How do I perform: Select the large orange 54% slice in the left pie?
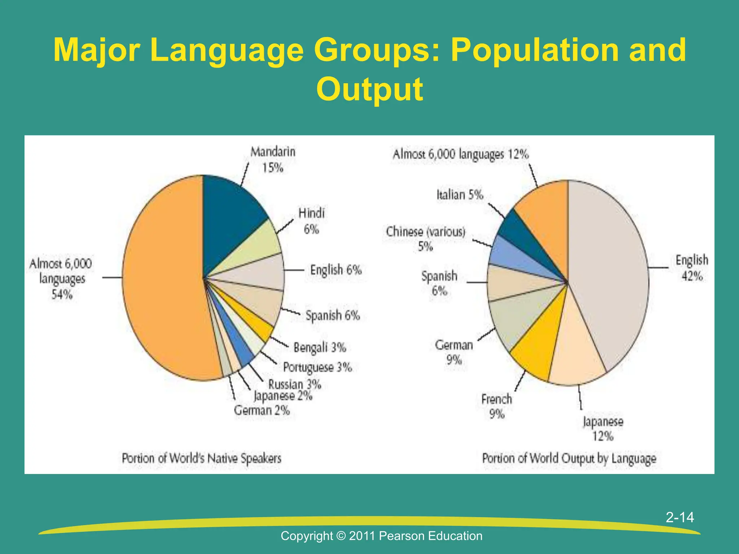tap(162, 278)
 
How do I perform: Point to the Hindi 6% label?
tap(311, 221)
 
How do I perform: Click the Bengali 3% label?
tap(320, 348)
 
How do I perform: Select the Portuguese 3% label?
tap(317, 367)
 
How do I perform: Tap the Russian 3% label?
tap(294, 384)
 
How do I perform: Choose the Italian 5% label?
tap(460, 195)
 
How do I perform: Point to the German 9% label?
tap(454, 352)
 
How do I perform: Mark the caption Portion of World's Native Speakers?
tap(201, 458)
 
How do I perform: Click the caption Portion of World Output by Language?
tap(569, 458)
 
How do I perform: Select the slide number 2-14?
tap(680, 517)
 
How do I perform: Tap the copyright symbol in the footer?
tap(341, 536)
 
